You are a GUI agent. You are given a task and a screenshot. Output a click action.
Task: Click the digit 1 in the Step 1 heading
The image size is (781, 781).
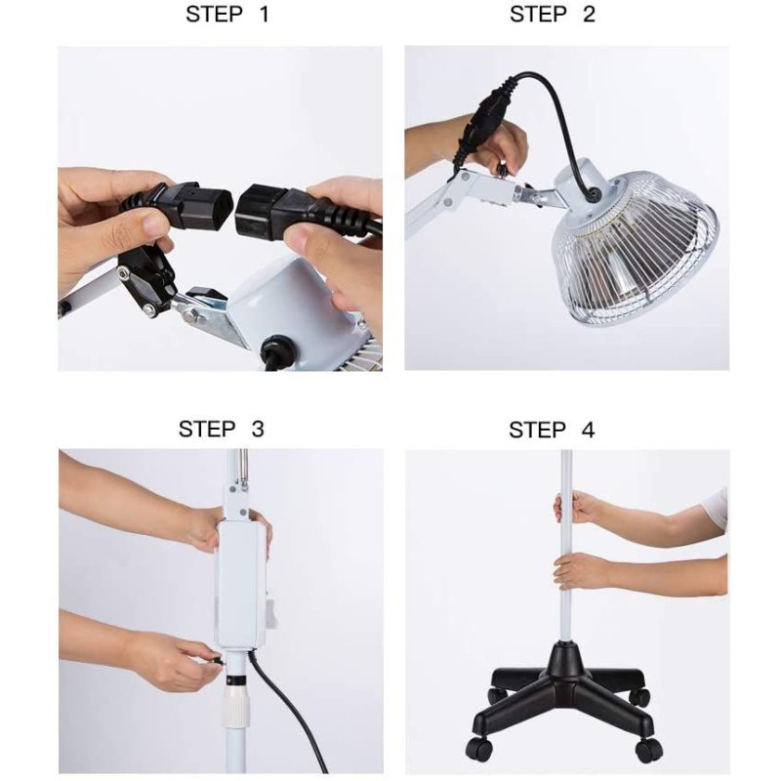point(264,14)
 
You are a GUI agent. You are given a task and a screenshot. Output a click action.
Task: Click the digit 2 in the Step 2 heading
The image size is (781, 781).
point(589,14)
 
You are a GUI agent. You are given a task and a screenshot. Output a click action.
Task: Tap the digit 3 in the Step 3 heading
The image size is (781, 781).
point(258,429)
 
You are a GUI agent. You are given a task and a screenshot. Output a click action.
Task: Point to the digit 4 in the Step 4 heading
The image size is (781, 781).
point(589,430)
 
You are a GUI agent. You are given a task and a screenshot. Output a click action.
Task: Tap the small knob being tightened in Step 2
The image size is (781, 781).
point(503,169)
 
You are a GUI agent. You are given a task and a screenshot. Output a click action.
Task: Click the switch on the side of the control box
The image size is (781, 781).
point(272,609)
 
